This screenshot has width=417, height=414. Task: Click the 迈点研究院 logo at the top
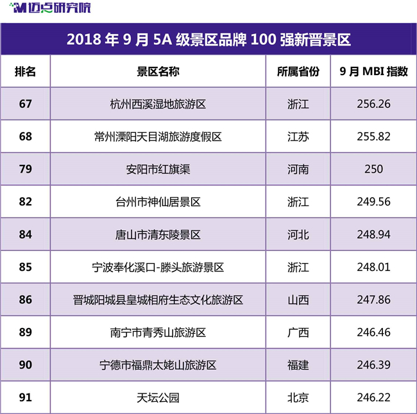pos(50,8)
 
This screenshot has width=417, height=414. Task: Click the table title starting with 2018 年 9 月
pos(208,40)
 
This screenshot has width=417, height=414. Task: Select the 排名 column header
pos(25,72)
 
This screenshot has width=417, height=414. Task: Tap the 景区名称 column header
pos(158,72)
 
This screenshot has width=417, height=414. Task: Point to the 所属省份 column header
pos(298,72)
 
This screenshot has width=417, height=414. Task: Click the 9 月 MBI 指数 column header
pos(373,72)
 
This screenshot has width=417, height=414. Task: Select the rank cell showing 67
pos(25,104)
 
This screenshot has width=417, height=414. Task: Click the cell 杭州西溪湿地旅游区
pos(158,104)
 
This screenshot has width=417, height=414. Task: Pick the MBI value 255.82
pos(373,137)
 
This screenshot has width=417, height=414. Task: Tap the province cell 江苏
pos(298,137)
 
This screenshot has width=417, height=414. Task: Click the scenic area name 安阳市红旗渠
pos(158,169)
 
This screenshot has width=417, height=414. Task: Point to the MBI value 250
pos(373,169)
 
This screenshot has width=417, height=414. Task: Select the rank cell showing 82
pos(25,202)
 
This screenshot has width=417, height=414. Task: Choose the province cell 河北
pos(298,235)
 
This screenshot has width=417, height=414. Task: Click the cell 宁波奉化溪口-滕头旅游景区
pos(158,268)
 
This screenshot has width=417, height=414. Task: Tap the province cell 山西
pos(298,300)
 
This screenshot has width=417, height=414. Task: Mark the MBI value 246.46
pos(373,332)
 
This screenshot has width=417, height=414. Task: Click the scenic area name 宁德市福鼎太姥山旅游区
pos(158,365)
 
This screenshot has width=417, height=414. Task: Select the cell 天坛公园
pos(158,398)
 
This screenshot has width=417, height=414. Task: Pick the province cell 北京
pos(298,398)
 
